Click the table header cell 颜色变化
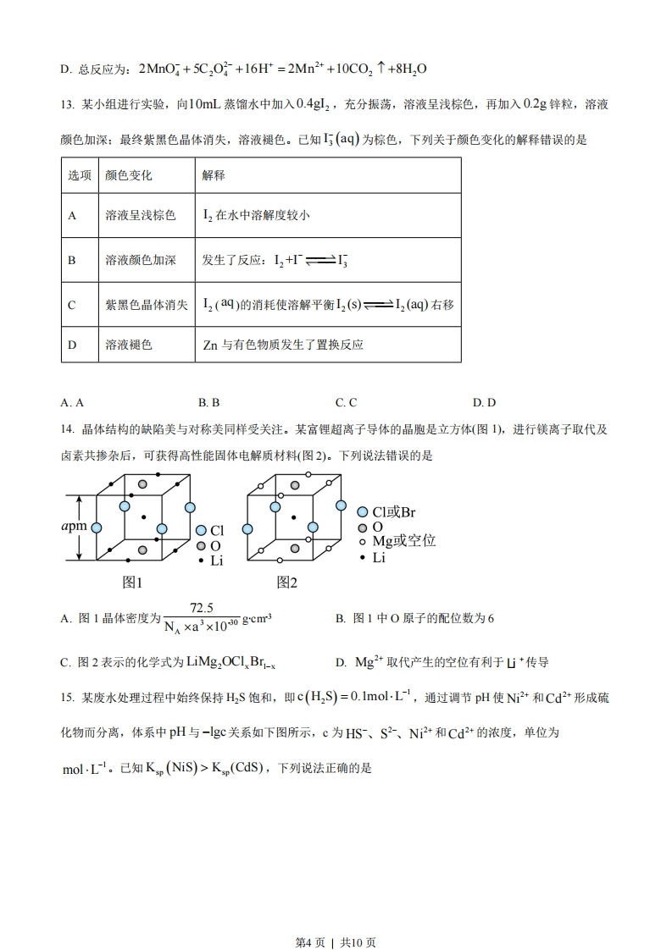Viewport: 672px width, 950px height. [129, 175]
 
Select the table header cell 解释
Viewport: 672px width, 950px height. [214, 175]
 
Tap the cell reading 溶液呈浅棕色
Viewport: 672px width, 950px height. [141, 216]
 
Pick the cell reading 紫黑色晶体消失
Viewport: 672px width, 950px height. [147, 305]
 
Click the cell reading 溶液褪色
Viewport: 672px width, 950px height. [129, 345]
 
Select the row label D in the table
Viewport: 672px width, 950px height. [72, 345]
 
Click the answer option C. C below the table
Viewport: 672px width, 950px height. [346, 402]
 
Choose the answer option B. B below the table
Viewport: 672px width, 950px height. [208, 402]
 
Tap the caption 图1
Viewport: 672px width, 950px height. [133, 583]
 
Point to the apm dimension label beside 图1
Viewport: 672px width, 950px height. [75, 527]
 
